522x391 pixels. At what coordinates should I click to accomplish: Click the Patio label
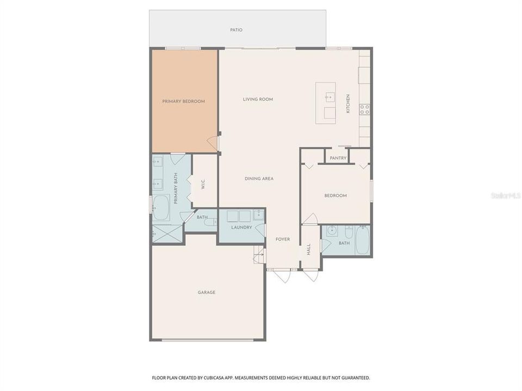click(x=237, y=30)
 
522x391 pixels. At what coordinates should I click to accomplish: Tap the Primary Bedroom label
click(x=183, y=102)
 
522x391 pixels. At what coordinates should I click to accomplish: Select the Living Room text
click(x=258, y=99)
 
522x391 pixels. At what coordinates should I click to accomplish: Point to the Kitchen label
click(x=348, y=103)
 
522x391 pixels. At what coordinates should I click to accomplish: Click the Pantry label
click(x=338, y=158)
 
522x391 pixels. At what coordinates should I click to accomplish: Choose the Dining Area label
click(x=259, y=179)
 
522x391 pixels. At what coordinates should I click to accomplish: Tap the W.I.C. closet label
click(x=203, y=184)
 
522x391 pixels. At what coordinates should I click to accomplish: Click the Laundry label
click(x=241, y=228)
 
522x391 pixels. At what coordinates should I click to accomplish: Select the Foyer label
click(x=283, y=239)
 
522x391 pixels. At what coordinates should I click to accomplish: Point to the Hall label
click(x=309, y=249)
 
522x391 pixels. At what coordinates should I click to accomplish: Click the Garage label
click(x=207, y=292)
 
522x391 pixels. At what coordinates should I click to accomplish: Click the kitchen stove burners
click(x=365, y=109)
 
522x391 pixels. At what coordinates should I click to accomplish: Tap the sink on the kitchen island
click(x=330, y=97)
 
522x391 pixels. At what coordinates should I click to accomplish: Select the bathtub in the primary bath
click(x=161, y=208)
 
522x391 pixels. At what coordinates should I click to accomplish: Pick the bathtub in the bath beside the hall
click(x=363, y=239)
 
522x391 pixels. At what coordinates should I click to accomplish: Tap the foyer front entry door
click(x=283, y=276)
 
